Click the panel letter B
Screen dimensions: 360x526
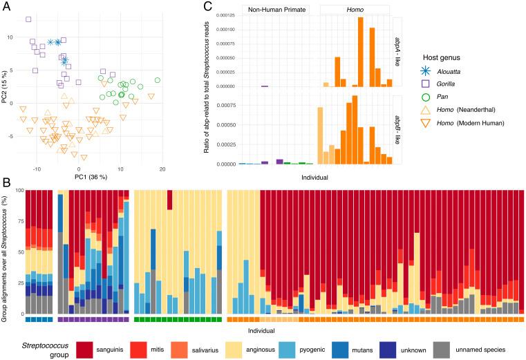point(6,183)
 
